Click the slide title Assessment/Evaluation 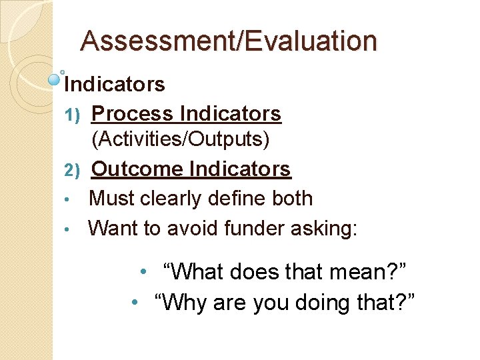(229, 41)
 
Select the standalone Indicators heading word (115, 85)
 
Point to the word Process (133, 114)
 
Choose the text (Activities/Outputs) (181, 139)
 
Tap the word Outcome (137, 169)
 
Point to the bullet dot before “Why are (135, 303)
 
